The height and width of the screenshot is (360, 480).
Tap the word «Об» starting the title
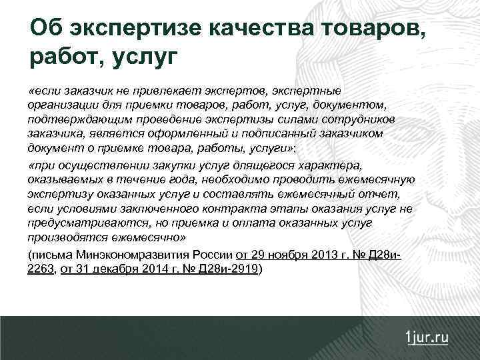click(46, 27)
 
